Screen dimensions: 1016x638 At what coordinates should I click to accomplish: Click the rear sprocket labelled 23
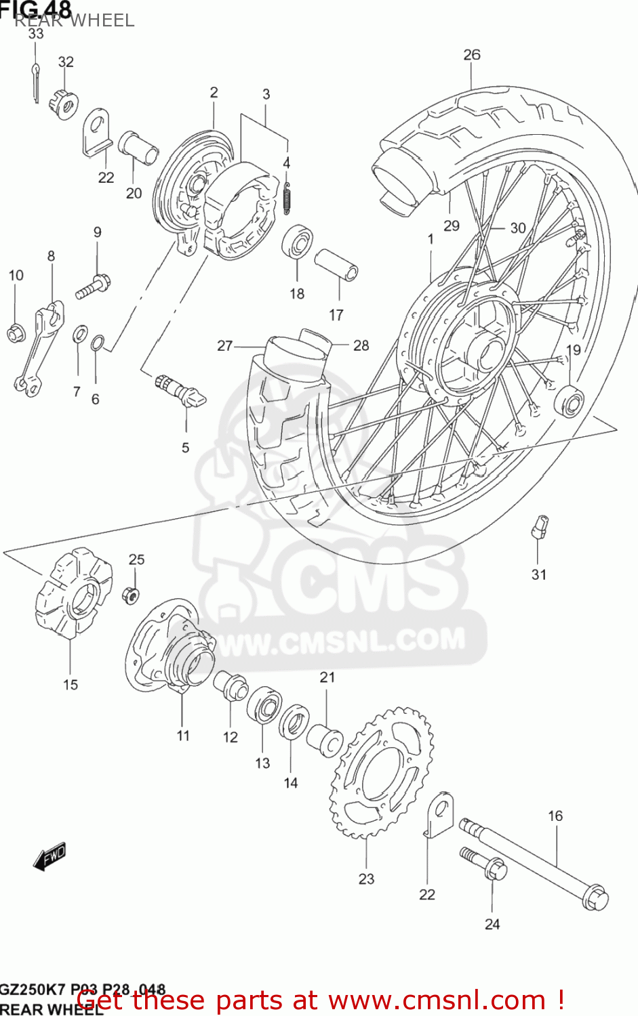tap(382, 772)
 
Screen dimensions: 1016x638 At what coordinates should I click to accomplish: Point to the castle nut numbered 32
tap(64, 103)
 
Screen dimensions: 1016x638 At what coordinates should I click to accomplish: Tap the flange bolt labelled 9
tap(94, 285)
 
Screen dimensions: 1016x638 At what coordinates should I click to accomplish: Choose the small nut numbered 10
tap(16, 333)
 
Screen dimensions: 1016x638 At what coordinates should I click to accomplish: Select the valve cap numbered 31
tap(540, 526)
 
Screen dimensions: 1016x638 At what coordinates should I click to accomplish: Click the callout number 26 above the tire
tap(472, 55)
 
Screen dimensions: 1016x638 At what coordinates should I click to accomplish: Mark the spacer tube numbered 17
tap(336, 264)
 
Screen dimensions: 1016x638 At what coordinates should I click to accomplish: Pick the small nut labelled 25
tap(132, 595)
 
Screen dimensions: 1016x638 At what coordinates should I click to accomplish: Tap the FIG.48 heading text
tap(35, 9)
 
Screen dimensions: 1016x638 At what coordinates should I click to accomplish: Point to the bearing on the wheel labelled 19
tap(569, 400)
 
